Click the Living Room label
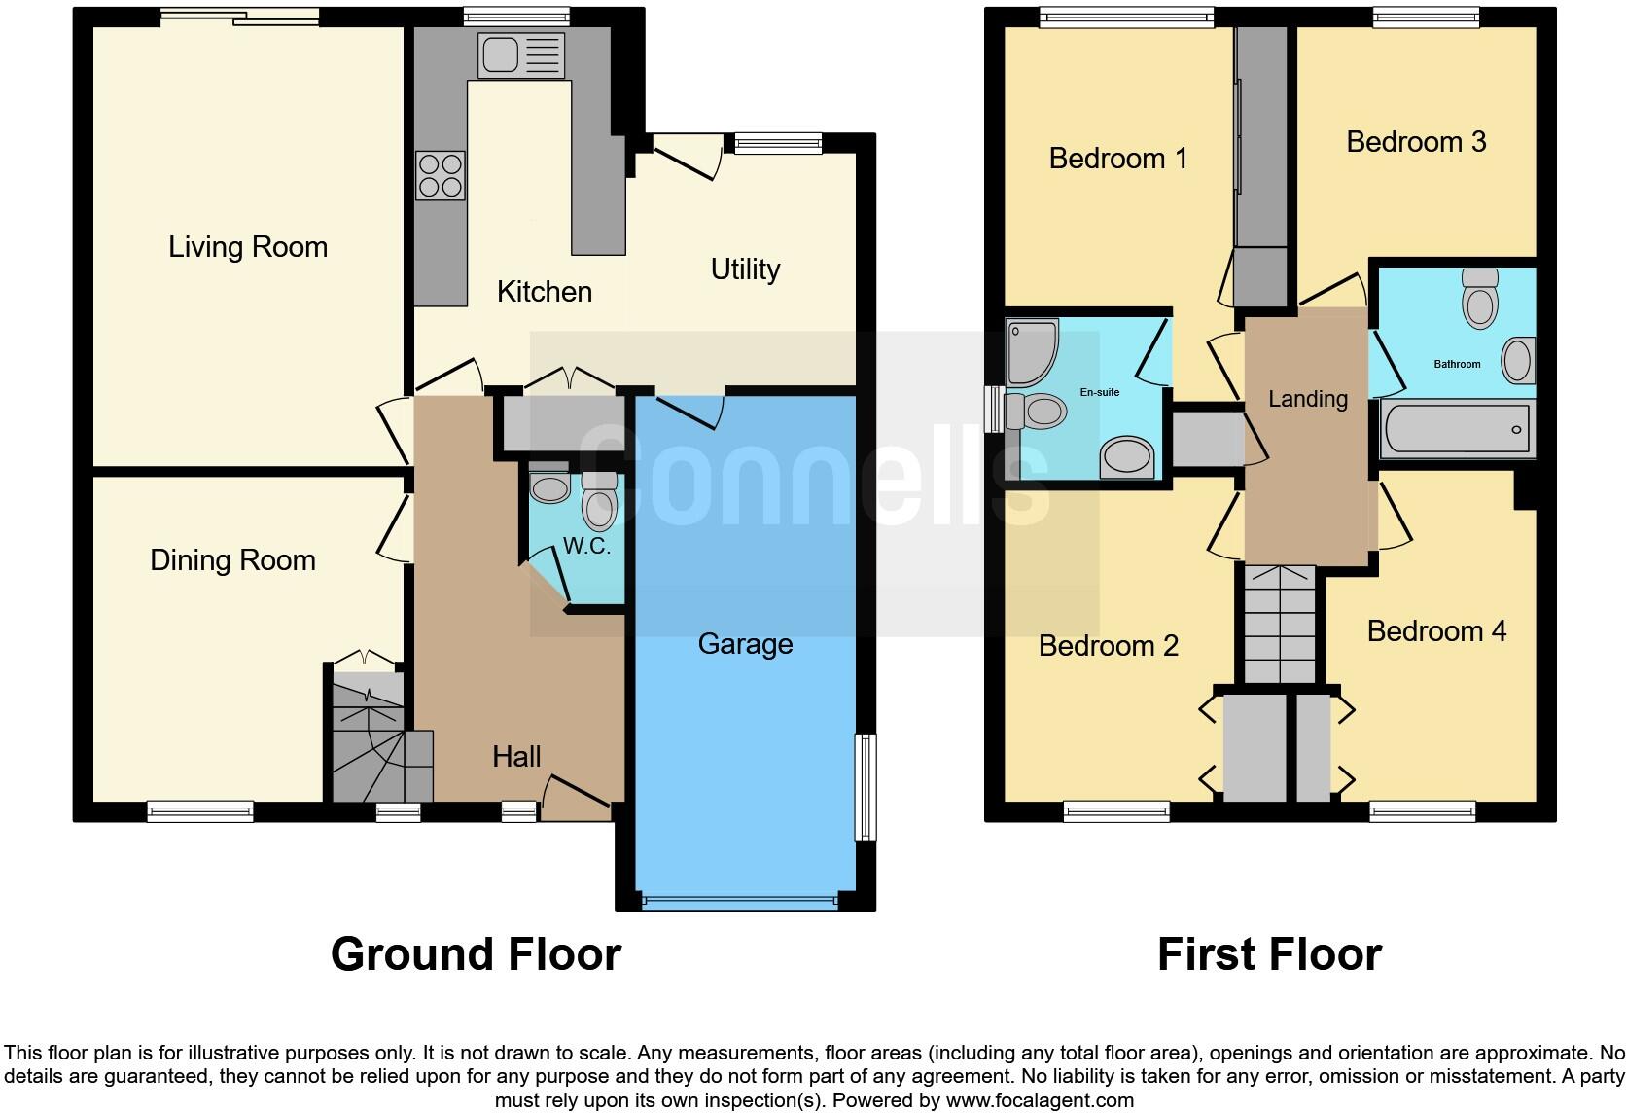248,247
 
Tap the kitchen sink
520,54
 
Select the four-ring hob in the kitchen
440,176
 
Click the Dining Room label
232,560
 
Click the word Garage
745,644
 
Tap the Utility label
745,269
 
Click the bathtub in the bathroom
1456,428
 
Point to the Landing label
1308,399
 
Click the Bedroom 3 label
1416,142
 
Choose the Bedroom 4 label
1436,631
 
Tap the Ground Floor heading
476,954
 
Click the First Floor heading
1269,954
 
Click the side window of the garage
865,786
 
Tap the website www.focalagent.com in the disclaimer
1040,1100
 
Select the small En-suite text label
1100,392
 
